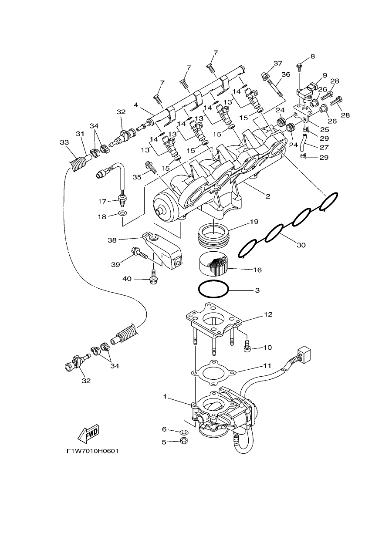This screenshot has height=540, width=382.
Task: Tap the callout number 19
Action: coord(254,222)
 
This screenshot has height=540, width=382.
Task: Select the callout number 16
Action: coord(257,270)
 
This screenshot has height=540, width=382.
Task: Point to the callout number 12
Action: coord(268,314)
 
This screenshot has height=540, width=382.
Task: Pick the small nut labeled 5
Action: coord(184,442)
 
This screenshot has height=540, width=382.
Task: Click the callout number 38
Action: coord(112,240)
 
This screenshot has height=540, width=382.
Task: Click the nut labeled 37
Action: coord(265,76)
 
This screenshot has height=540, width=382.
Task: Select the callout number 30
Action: coord(301,245)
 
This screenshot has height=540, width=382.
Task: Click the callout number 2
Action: coord(268,196)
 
